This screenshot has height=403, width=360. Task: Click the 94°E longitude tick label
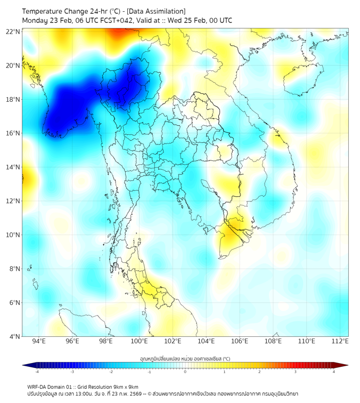tap(39, 341)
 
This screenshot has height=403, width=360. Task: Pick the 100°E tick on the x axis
tap(139, 341)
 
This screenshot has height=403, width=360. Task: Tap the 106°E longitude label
tap(240, 341)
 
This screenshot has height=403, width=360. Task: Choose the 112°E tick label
tap(340, 341)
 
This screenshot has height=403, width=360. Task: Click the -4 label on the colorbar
tap(36, 372)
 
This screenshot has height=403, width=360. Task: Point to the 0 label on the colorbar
tap(185, 372)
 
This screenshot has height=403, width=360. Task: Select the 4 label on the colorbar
tap(333, 372)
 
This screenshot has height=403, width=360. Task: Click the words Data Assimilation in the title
tap(159, 11)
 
